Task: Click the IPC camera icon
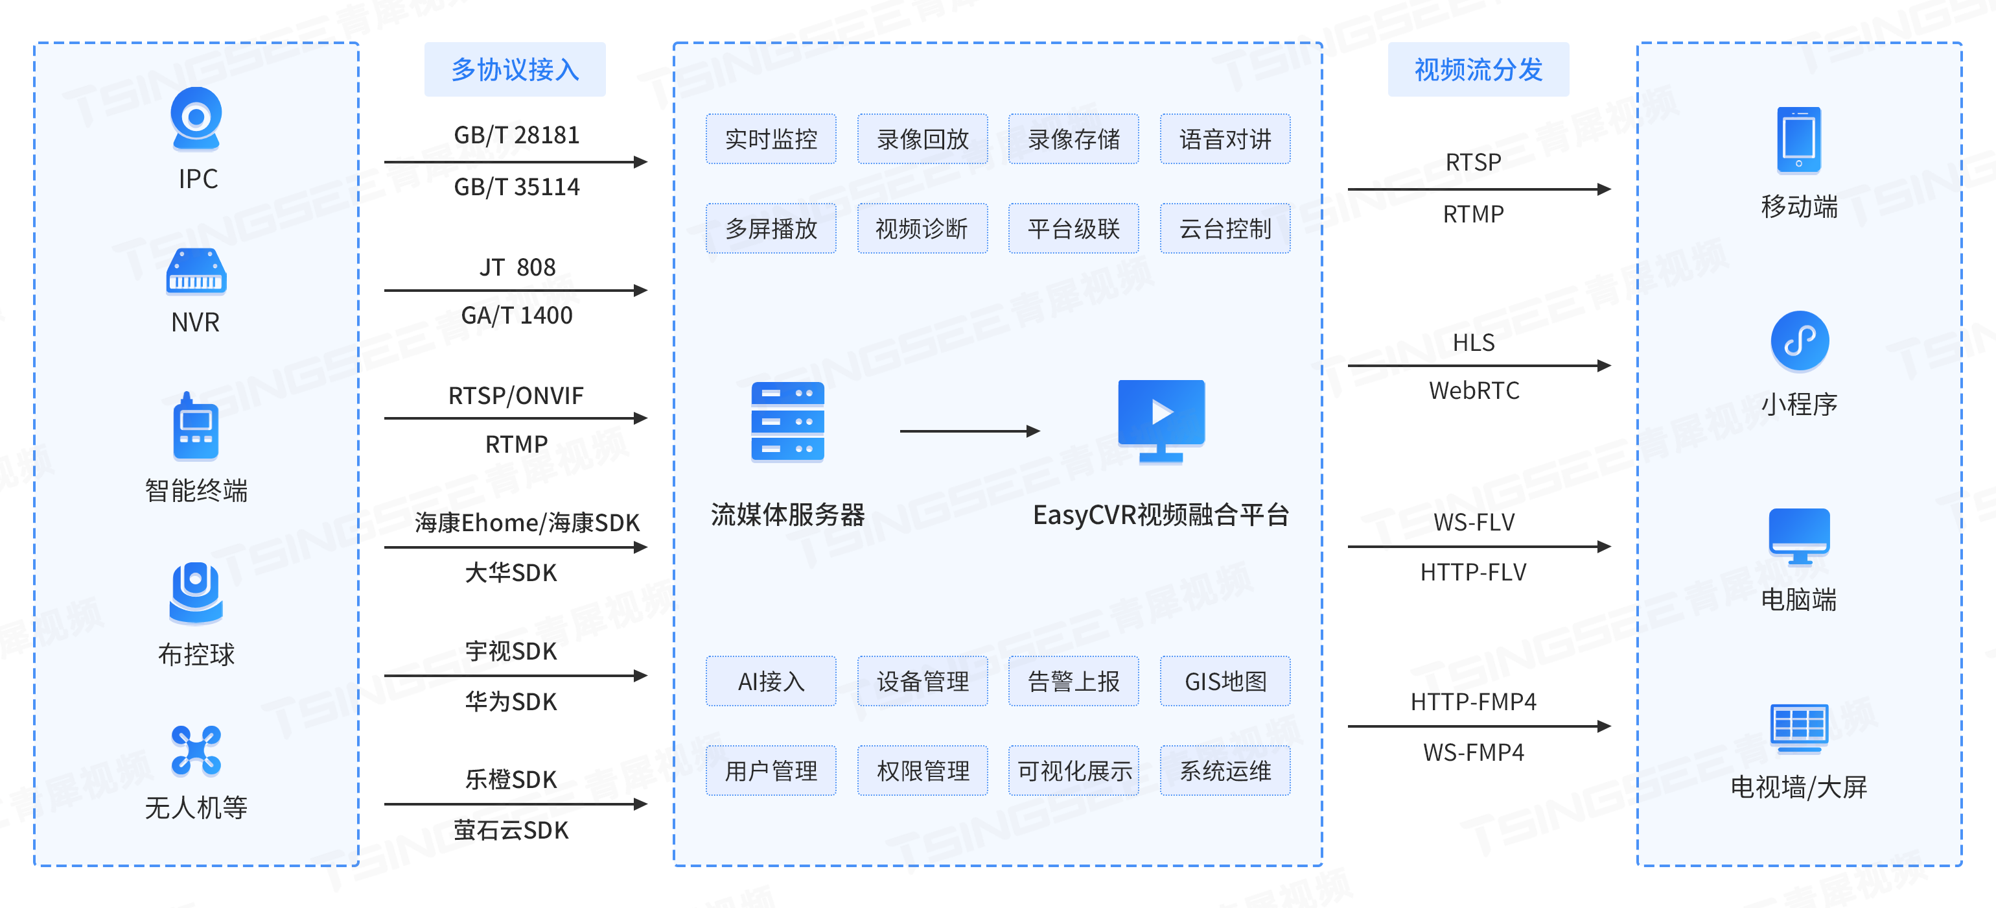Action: click(x=196, y=119)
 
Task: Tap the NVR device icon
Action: click(x=196, y=271)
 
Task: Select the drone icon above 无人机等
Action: click(x=196, y=750)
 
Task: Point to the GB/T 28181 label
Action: click(x=516, y=135)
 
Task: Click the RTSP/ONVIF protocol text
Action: click(x=515, y=396)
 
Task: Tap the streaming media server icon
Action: click(x=787, y=421)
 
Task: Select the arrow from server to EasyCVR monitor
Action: click(x=969, y=431)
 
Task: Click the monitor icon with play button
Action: click(x=1161, y=420)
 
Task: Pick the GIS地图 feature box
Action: click(x=1224, y=682)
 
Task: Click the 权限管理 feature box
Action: click(x=922, y=771)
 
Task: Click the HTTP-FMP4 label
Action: click(x=1473, y=702)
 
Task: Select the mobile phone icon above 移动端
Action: click(x=1798, y=140)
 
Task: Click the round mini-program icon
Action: click(x=1799, y=340)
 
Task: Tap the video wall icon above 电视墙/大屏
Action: click(x=1798, y=727)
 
